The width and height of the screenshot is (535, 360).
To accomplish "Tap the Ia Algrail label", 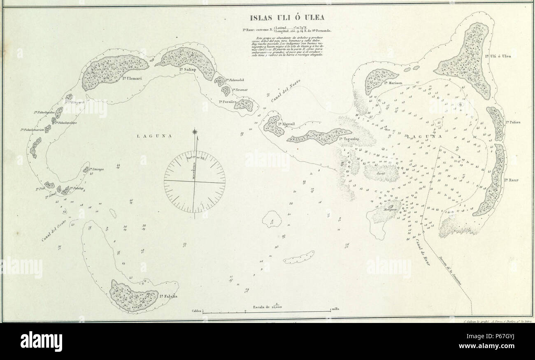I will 285,124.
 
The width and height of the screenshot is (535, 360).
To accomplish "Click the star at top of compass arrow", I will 195,132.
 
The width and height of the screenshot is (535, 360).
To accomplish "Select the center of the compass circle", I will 194,180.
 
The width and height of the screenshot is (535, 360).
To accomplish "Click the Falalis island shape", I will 134,295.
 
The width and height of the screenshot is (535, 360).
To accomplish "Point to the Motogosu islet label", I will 391,209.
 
